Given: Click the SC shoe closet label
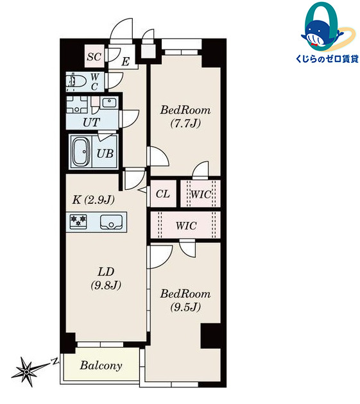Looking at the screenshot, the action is (x=94, y=56).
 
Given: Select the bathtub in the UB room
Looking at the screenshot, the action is (x=81, y=152).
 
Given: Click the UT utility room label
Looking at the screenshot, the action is (x=91, y=122).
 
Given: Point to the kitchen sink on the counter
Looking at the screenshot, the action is (x=111, y=222).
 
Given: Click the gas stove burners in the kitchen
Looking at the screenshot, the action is (x=78, y=221).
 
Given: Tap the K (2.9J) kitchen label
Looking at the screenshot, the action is (x=93, y=199).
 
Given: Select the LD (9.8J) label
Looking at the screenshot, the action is (x=106, y=278).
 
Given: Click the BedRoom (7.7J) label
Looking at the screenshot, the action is (x=185, y=117).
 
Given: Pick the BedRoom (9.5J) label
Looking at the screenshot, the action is (x=185, y=300).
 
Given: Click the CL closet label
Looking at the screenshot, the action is (x=163, y=194).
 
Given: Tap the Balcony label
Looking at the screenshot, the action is (x=101, y=366).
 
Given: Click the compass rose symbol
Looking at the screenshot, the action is (x=27, y=371).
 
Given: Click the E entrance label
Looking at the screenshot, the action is (x=125, y=62).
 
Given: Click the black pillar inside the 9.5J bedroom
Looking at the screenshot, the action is (x=210, y=336).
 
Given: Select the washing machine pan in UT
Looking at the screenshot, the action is (x=77, y=105).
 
